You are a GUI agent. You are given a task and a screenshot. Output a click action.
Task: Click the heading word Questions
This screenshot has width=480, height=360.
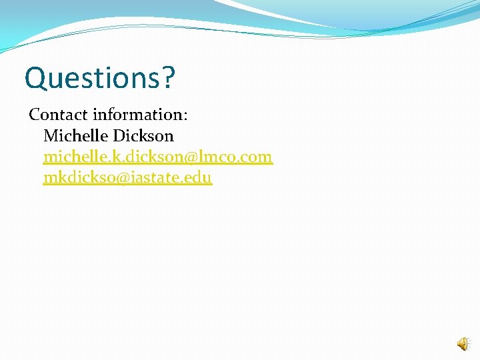click(93, 78)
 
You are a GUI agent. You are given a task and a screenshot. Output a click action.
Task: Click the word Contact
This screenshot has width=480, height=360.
click(55, 115)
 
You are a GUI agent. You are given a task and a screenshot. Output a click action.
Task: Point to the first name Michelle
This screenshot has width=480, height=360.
click(75, 136)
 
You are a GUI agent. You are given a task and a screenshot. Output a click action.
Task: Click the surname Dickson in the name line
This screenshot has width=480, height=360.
click(143, 136)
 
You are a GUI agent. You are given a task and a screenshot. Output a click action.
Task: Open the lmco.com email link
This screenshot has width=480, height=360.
click(158, 157)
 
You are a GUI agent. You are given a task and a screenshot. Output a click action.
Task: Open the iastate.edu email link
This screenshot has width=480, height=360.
click(127, 178)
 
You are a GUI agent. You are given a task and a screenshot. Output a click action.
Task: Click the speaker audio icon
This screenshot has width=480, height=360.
click(463, 344)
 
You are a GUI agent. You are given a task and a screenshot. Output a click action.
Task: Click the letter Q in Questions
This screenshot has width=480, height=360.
click(35, 78)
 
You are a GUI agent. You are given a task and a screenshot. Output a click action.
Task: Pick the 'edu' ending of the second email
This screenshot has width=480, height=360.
click(199, 178)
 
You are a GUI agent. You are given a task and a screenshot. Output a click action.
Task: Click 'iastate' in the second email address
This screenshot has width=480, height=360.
click(160, 178)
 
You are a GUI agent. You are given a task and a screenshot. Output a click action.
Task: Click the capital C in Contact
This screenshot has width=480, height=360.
click(35, 115)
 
